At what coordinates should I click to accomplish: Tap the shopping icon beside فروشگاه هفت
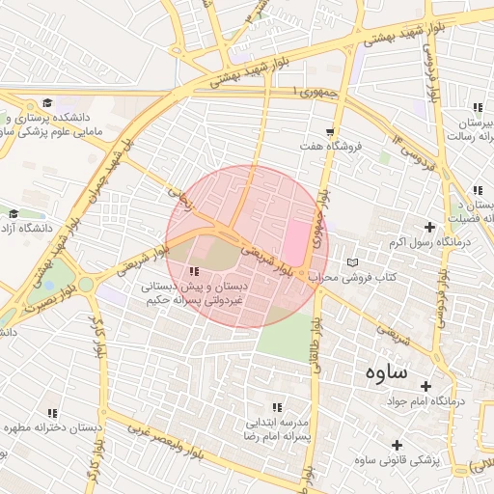coord(330,132)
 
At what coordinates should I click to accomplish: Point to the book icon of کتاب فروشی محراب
coord(352,263)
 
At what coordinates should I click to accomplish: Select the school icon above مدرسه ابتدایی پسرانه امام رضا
coord(278,408)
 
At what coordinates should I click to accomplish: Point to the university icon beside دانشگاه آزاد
coord(14,214)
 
